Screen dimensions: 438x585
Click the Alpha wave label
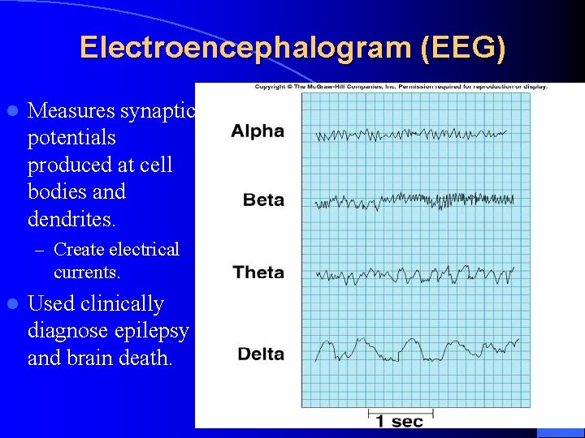(257, 131)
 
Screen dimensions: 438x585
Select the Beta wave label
(263, 200)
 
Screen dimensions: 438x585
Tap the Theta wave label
(258, 273)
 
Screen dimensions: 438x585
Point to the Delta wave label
(261, 354)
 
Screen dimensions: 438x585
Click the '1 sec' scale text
(399, 420)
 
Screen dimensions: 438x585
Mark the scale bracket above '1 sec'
(399, 410)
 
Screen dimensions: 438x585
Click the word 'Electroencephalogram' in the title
(245, 48)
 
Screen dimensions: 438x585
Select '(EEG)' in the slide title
(463, 48)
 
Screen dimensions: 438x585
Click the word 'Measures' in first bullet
(71, 110)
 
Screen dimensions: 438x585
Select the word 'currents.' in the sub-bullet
(87, 272)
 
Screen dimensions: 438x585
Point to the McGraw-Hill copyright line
(401, 87)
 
